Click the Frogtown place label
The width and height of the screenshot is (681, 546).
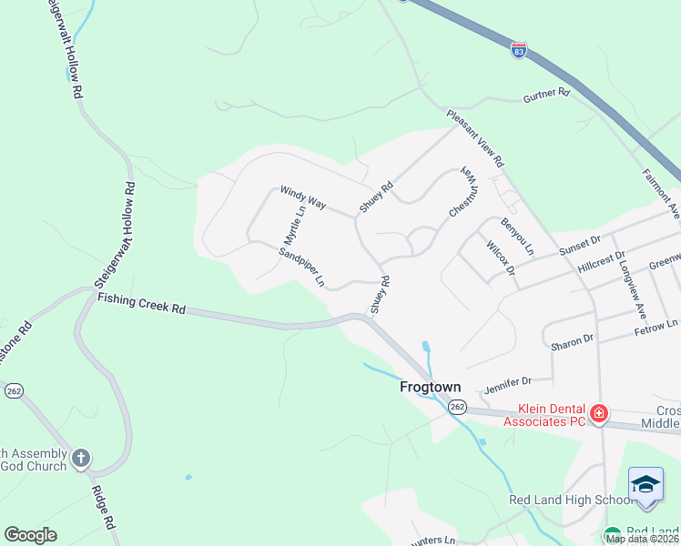(x=431, y=387)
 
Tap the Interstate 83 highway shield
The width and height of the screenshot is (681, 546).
(x=518, y=51)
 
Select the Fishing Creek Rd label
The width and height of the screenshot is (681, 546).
(x=141, y=303)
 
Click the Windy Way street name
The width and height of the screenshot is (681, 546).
(x=302, y=198)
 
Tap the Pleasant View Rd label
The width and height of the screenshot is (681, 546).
(x=475, y=139)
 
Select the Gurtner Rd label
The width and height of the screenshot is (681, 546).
(x=545, y=94)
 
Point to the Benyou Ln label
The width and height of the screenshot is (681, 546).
(x=517, y=236)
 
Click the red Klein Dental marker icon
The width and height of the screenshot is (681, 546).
(x=599, y=415)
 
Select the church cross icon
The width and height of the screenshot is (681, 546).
(x=81, y=458)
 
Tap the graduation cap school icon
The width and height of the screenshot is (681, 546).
(x=645, y=484)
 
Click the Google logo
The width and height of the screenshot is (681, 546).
(x=30, y=535)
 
